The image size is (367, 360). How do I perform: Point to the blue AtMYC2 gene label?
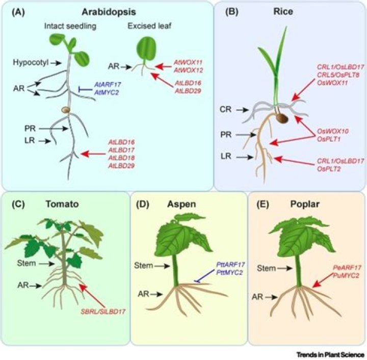coord(106,91)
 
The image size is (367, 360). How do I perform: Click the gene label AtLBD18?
coord(120,158)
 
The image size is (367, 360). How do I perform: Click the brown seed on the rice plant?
coord(281,118)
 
